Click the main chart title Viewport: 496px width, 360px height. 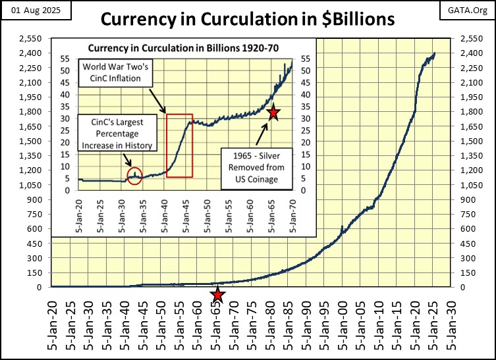[x=248, y=19]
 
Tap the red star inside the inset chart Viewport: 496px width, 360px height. [x=273, y=114]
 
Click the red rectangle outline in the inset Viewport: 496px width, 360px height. [x=179, y=145]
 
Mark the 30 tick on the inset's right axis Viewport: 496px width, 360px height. [x=304, y=118]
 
